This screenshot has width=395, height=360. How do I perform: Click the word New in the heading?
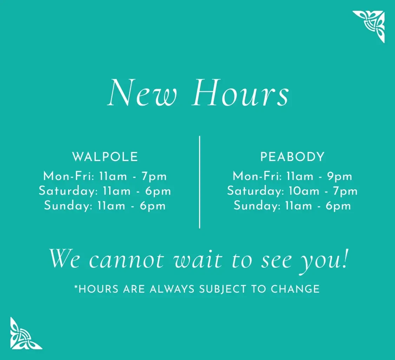click(142, 93)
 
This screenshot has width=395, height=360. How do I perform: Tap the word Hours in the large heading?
click(241, 93)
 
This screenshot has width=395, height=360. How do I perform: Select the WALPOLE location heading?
click(105, 157)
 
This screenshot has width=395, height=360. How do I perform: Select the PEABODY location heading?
click(292, 157)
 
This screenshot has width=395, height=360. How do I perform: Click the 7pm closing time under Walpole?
click(154, 176)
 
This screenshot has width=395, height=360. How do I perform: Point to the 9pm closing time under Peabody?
click(340, 176)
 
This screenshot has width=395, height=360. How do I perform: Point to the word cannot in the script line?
click(126, 260)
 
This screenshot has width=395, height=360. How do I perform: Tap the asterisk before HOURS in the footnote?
click(76, 287)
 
